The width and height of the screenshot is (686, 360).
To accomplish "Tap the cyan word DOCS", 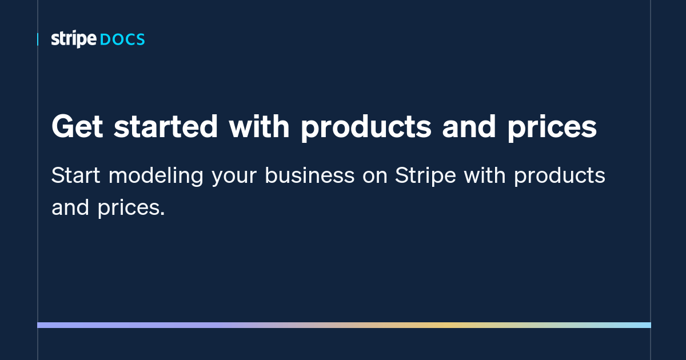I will pos(122,40).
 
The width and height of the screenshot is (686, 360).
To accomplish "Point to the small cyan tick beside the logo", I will pos(38,39).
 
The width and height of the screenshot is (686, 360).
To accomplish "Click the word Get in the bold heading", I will pos(77,127).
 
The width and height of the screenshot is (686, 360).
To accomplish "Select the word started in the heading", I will pos(166,127).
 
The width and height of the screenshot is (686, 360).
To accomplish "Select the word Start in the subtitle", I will pos(75,175).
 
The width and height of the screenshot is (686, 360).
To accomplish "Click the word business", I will pos(309,175).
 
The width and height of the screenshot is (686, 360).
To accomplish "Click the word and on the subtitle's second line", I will pos(70,207).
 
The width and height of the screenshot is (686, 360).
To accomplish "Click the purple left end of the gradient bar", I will pos(43,325).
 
